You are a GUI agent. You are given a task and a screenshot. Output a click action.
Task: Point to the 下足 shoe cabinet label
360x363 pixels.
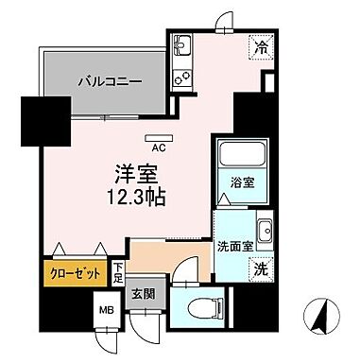pyautogui.click(x=117, y=275)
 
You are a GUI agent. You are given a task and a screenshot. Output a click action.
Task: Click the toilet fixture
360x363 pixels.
pyautogui.click(x=201, y=309)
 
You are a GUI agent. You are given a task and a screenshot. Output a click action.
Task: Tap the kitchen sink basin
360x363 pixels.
pyautogui.click(x=182, y=45)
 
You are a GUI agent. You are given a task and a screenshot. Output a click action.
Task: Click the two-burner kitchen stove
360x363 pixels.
pyautogui.click(x=181, y=76)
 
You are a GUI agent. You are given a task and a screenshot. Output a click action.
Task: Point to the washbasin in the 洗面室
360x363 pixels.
pyautogui.click(x=266, y=231)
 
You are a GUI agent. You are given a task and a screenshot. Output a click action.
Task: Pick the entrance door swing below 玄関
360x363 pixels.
pyautogui.click(x=146, y=330)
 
